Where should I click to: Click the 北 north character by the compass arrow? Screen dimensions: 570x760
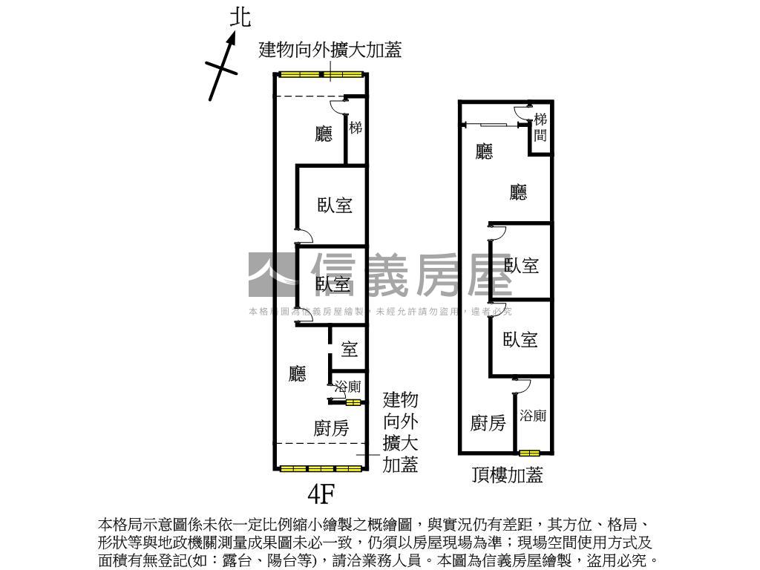coord(240,18)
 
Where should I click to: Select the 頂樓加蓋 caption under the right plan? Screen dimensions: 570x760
coord(507,475)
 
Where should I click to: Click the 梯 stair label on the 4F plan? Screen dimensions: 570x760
coord(356,128)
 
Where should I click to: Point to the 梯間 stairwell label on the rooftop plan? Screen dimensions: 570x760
coord(540,126)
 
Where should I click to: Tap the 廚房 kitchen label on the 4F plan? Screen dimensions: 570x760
coord(331,427)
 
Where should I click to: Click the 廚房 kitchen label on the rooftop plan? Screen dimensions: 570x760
coord(488,423)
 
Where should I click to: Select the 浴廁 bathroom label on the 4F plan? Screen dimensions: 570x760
coord(347,387)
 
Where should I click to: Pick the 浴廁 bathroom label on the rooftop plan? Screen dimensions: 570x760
coord(533,416)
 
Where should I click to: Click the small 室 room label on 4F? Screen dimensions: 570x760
coord(349,349)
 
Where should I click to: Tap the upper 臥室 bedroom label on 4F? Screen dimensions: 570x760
coord(335,205)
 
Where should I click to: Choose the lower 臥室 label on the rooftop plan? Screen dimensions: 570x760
coord(520,340)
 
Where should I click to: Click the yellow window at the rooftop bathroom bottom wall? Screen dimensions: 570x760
coord(529,453)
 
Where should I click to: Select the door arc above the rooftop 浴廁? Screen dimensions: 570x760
coord(521,385)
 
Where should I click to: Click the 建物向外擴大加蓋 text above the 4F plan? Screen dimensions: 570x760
coord(330,50)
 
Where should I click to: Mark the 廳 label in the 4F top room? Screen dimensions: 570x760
coord(324,134)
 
